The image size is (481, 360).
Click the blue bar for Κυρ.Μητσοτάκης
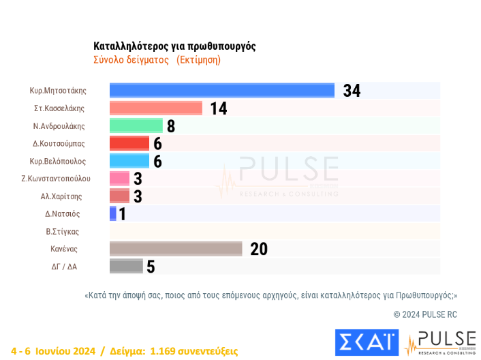(x=222, y=91)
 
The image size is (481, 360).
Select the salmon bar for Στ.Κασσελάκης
(x=156, y=108)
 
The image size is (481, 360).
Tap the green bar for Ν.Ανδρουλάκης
(x=136, y=125)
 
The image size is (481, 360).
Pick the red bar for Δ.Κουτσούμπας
(x=129, y=143)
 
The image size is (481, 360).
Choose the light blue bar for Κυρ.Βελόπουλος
(x=129, y=161)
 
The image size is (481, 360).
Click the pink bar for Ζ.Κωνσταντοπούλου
(x=120, y=179)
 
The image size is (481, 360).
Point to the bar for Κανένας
(x=176, y=249)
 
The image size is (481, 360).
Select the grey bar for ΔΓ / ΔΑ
(x=126, y=267)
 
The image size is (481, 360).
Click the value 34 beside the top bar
(x=352, y=91)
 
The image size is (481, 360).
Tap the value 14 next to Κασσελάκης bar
(x=218, y=109)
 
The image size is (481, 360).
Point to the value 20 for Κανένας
(x=259, y=250)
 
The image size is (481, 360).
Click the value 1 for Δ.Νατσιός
(x=123, y=214)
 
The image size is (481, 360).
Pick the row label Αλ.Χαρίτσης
(x=62, y=196)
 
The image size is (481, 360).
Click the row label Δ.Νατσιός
(x=62, y=214)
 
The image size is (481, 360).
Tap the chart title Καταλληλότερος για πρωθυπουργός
(x=175, y=46)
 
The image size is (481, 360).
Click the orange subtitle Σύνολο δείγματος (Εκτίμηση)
(x=157, y=60)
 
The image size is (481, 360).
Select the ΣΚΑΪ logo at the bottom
(x=366, y=343)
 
